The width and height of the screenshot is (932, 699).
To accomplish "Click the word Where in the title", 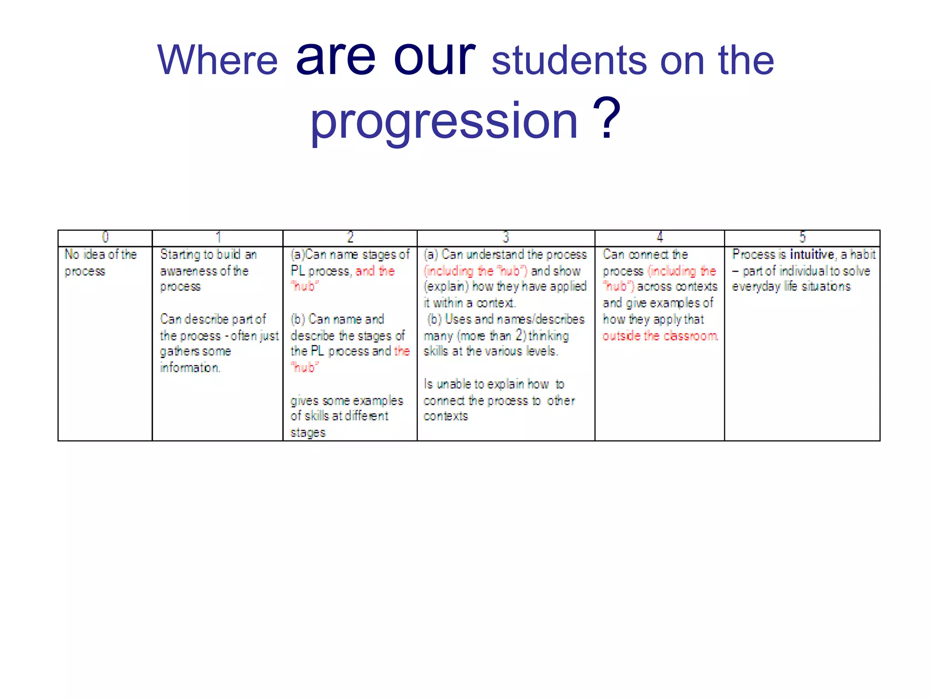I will pyautogui.click(x=217, y=61).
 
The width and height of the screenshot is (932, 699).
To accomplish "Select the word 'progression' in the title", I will pyautogui.click(x=444, y=121).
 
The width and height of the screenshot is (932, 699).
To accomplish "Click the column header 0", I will pyautogui.click(x=105, y=237).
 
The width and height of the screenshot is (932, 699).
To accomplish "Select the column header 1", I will pyautogui.click(x=218, y=237).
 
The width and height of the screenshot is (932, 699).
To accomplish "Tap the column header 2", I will pyautogui.click(x=350, y=237).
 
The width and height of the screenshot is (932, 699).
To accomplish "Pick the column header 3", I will pyautogui.click(x=506, y=237).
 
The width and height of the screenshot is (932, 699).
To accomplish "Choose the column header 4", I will pyautogui.click(x=659, y=237).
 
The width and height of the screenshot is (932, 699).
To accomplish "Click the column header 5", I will pyautogui.click(x=802, y=237).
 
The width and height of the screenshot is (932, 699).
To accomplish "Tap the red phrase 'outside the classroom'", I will pyautogui.click(x=660, y=336).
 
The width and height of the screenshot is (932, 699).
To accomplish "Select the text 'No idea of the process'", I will pyautogui.click(x=100, y=262).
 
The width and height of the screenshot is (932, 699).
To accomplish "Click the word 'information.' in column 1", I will pyautogui.click(x=190, y=367).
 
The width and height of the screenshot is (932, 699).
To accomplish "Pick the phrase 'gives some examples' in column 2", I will pyautogui.click(x=347, y=400).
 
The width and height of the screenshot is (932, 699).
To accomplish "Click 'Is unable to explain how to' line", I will pyautogui.click(x=494, y=384).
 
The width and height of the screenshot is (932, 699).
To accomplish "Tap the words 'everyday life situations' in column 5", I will pyautogui.click(x=791, y=286).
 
